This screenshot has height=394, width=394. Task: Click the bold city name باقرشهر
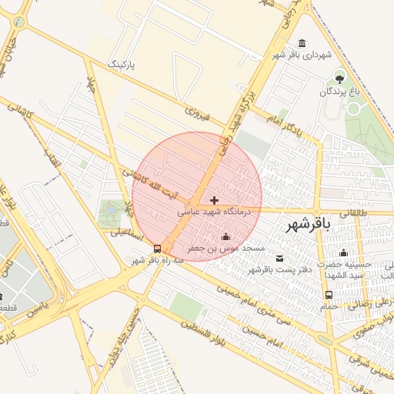pos(308,225)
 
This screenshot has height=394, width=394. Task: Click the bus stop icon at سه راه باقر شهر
pos(157,249)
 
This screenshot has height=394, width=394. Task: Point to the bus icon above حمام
pos(329,295)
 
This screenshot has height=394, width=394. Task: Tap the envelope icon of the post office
pos(279,257)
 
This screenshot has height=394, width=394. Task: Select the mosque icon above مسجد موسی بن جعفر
pos(225,236)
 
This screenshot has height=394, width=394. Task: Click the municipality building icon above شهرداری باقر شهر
pos(300,43)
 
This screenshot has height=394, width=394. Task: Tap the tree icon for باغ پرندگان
pos(339,78)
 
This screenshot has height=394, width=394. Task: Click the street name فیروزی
pos(197,114)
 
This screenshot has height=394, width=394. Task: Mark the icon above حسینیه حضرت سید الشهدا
pos(343,253)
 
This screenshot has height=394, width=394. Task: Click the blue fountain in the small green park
pos(111,209)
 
